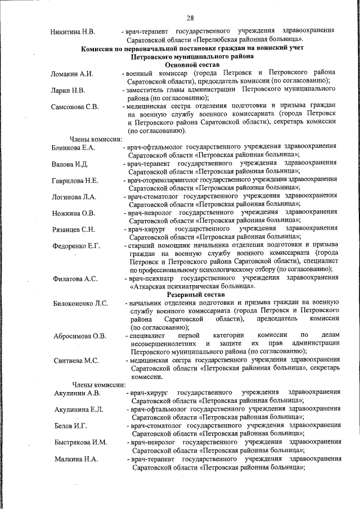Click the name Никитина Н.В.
[x=73, y=30]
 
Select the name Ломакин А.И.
[x=72, y=74]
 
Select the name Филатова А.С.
[x=75, y=278]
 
